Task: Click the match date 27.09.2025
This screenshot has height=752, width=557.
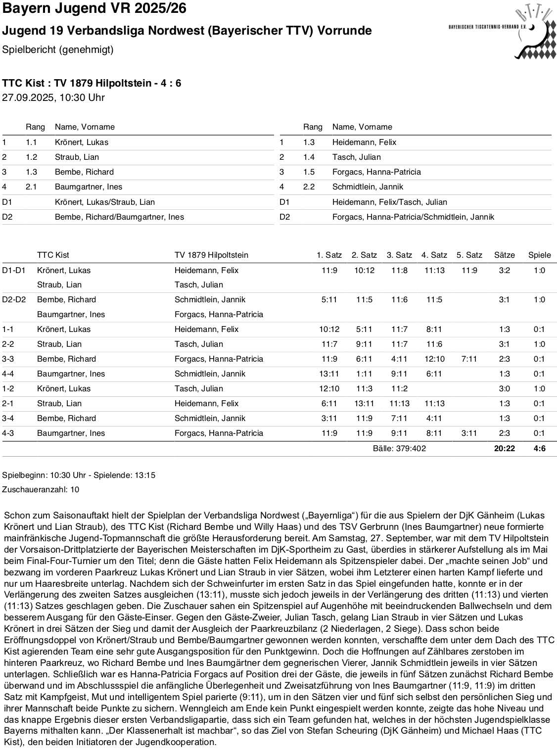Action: tap(28, 97)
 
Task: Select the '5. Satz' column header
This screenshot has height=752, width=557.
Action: tap(469, 255)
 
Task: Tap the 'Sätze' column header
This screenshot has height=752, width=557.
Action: tap(504, 255)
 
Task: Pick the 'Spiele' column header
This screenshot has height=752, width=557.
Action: tap(539, 255)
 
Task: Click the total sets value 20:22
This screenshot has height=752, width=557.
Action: tap(504, 448)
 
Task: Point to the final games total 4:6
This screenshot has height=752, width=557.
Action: tap(539, 448)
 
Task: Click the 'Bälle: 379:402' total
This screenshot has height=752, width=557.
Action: tap(399, 448)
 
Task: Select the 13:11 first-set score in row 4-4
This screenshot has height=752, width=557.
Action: tap(329, 374)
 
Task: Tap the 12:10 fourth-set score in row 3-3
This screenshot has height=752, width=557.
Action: tap(434, 359)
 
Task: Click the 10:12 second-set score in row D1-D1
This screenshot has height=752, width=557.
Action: tap(364, 270)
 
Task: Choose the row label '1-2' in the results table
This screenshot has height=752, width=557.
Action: tap(8, 388)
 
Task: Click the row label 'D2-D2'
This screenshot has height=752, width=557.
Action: tap(14, 299)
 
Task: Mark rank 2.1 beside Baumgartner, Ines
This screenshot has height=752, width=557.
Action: tap(31, 187)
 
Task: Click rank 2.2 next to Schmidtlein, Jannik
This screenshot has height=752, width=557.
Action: tap(309, 187)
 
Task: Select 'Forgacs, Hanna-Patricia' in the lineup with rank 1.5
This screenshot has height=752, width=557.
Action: tap(376, 172)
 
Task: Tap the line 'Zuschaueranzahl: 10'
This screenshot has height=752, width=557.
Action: tap(41, 489)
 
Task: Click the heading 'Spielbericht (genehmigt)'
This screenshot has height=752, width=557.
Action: tap(58, 49)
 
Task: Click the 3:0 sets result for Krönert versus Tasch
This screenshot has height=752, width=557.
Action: tap(504, 388)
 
